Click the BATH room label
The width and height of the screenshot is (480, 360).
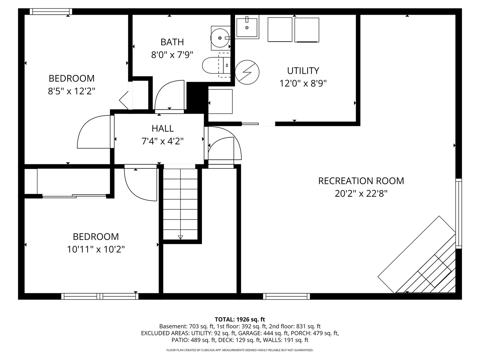[x=172, y=42]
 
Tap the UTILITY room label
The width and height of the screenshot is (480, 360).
[x=303, y=71]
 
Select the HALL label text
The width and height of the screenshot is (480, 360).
[x=163, y=129]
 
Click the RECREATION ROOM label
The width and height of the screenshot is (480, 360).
[x=361, y=181]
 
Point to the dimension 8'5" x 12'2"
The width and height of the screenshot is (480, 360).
[x=72, y=91]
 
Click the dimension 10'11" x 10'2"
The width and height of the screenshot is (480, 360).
[x=96, y=249]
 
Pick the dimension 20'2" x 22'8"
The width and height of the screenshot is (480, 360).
[x=361, y=194]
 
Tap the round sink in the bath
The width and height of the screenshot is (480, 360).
[x=220, y=38]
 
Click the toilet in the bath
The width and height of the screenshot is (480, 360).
[x=216, y=65]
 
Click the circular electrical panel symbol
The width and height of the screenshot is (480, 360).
[x=247, y=72]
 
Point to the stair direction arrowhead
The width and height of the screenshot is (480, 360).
[x=180, y=237]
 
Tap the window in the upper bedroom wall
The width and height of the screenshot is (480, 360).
[x=51, y=11]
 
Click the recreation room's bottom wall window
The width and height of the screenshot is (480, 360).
[x=286, y=296]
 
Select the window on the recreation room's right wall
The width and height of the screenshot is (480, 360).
[x=459, y=214]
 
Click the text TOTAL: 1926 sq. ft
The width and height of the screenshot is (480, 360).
[x=240, y=320]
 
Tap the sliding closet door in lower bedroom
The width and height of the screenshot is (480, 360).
[x=74, y=196]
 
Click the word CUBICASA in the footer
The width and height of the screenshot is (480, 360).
[x=209, y=350]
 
